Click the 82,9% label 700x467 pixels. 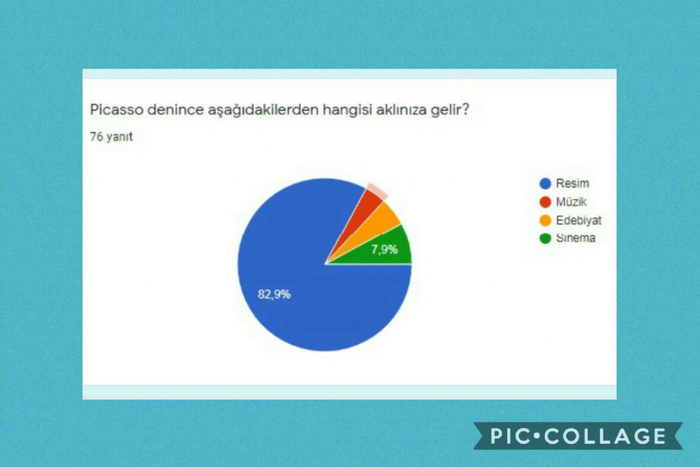coord(274,295)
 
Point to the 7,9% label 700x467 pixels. coord(384,250)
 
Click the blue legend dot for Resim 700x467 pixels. coord(545,183)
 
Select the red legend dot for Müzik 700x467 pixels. coord(545,202)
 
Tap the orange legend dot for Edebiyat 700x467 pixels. coord(545,220)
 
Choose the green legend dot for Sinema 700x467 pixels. coord(545,239)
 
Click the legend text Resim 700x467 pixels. coord(572,183)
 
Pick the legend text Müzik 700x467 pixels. coord(571,202)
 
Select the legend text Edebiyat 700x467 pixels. coord(578,220)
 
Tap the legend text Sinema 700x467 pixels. coord(576,239)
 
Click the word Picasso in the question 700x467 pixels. coord(112,109)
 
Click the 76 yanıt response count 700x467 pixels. coord(111,137)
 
